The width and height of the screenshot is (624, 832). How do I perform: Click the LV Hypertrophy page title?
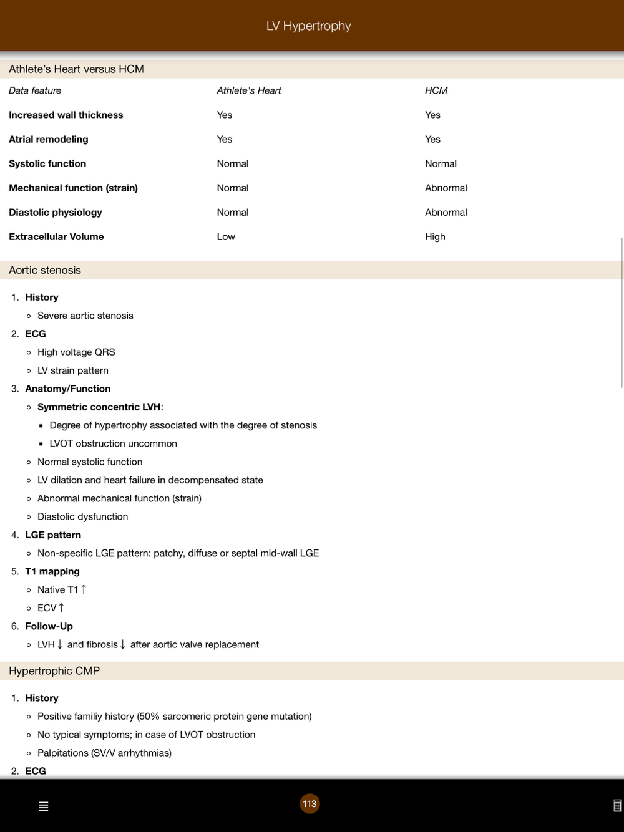coord(308,26)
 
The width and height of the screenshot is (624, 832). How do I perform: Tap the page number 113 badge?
coord(310,803)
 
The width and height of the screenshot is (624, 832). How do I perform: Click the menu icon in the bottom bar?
coord(44,806)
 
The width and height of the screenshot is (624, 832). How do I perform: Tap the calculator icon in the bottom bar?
coord(617,806)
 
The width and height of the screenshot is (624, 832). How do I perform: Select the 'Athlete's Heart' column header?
coord(248,90)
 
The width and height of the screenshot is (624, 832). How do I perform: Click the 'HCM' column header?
coord(436,90)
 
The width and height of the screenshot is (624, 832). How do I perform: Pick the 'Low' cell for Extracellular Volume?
coord(226,236)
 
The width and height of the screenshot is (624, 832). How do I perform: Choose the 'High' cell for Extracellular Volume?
coord(435,236)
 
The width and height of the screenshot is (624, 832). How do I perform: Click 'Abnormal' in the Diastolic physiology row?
coord(446,212)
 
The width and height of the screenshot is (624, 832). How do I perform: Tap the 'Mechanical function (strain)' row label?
coord(73,188)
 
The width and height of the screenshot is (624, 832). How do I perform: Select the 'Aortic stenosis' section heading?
coord(45,270)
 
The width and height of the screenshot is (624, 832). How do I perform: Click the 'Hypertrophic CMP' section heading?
coord(54,670)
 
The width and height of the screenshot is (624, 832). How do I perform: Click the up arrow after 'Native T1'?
coord(84,589)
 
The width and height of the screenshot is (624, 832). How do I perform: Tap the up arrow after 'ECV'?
coord(61,607)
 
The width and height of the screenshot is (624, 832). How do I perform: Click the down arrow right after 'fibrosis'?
coord(123,644)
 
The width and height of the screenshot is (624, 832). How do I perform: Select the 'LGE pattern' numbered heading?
coord(53,535)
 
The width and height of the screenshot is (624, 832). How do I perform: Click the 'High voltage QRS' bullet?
coord(76,352)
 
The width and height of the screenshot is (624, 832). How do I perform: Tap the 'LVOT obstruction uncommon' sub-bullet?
coord(113,443)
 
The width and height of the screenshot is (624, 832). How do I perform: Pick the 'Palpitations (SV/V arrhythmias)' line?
coord(104,753)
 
